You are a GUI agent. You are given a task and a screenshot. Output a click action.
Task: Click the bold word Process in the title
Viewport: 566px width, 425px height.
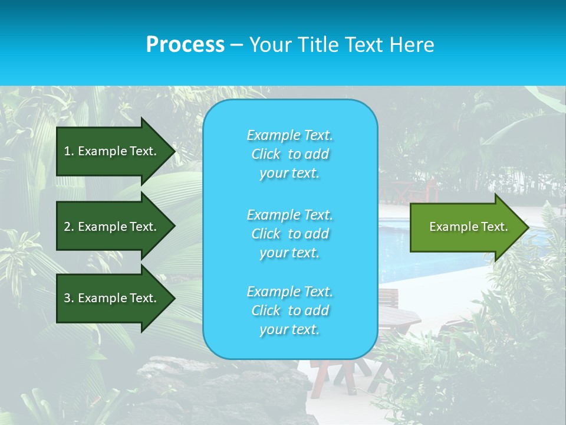point(185,45)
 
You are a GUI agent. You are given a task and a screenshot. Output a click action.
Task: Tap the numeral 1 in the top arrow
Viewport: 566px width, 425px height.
point(67,151)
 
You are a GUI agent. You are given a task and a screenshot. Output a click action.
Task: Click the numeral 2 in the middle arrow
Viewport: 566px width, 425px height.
point(67,227)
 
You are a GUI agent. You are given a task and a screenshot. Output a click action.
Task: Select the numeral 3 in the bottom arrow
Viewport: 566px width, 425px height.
point(67,298)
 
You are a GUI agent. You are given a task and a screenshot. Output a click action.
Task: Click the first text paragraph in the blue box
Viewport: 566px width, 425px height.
point(289,154)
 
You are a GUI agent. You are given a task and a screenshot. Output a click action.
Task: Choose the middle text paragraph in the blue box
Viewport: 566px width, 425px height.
point(289,234)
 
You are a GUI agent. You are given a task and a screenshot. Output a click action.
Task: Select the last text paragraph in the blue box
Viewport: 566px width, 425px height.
point(289,310)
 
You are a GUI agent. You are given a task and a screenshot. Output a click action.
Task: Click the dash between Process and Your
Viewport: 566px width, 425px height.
point(236,45)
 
